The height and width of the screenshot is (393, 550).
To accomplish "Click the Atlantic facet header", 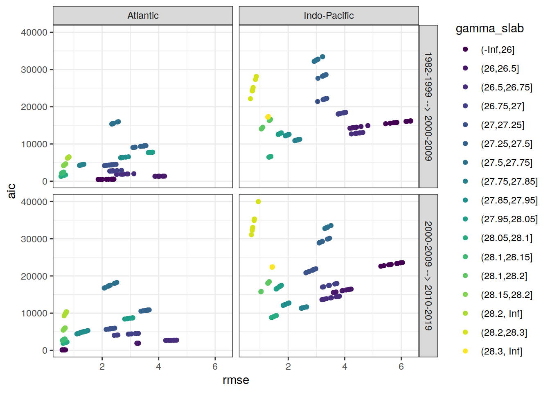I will pyautogui.click(x=143, y=16).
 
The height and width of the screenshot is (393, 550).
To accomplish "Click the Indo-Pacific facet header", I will pyautogui.click(x=329, y=16).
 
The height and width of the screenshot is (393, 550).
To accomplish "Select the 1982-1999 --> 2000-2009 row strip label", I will pyautogui.click(x=428, y=106).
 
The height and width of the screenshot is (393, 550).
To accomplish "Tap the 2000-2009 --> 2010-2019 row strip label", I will pyautogui.click(x=428, y=276).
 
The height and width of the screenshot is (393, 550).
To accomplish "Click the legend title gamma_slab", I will pyautogui.click(x=489, y=29).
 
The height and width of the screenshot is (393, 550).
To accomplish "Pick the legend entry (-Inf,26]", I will pyautogui.click(x=497, y=50).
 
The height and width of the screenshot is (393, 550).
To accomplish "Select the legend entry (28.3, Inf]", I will pyautogui.click(x=501, y=351).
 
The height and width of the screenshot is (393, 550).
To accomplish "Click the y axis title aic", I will pyautogui.click(x=11, y=191).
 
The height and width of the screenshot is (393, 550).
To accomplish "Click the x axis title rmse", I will pyautogui.click(x=236, y=380).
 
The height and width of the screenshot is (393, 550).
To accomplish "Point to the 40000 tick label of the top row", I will pyautogui.click(x=34, y=32).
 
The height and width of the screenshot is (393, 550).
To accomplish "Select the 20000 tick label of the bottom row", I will pyautogui.click(x=34, y=276).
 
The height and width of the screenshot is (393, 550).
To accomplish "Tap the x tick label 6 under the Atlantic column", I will pyautogui.click(x=215, y=366).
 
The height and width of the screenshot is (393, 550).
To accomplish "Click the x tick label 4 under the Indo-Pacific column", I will pyautogui.click(x=345, y=366).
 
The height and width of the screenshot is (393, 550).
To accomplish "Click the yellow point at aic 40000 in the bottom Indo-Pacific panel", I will pyautogui.click(x=258, y=201).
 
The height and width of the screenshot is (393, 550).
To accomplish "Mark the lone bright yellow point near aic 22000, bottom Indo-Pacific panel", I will pyautogui.click(x=272, y=267).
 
